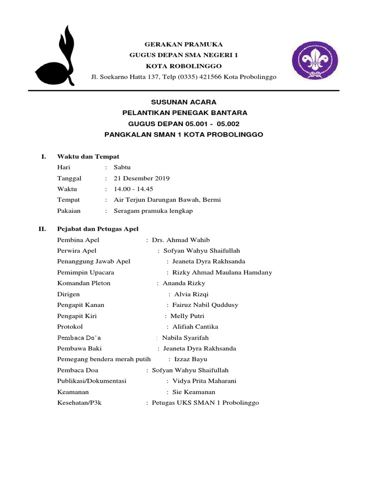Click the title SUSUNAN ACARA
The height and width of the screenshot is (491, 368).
click(184, 102)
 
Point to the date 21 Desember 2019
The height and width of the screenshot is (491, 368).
click(141, 178)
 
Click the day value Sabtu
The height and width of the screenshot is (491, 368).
click(122, 167)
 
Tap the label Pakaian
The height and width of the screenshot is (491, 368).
click(69, 210)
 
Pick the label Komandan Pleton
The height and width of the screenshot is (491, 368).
click(84, 283)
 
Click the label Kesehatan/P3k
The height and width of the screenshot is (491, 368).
click(80, 403)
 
